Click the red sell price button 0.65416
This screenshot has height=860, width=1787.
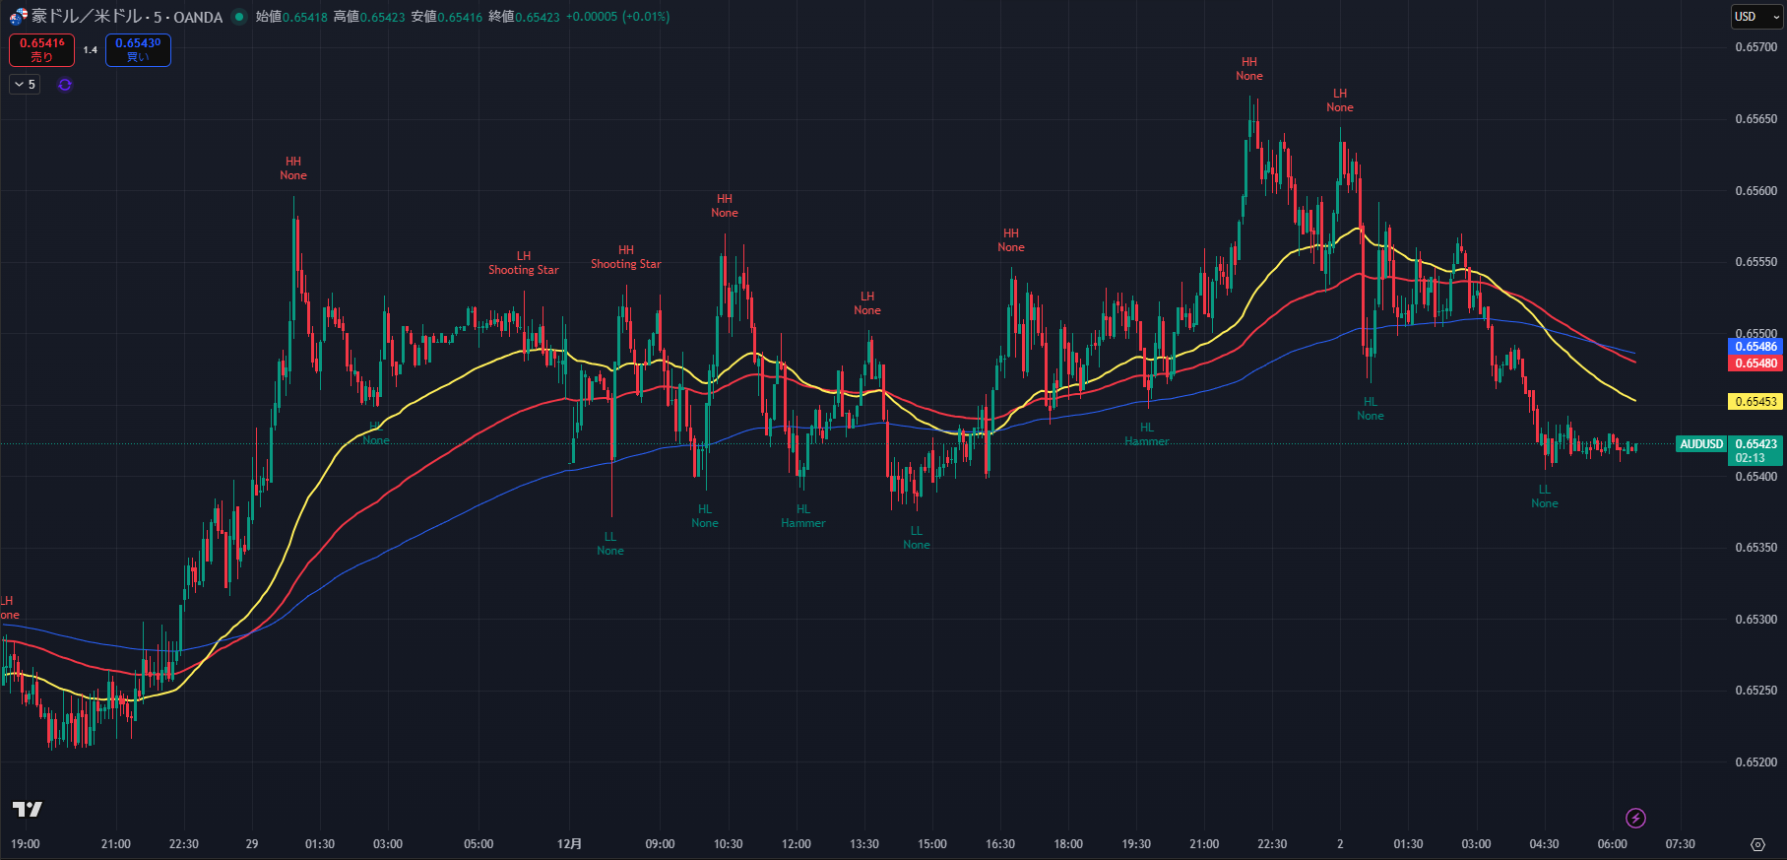pyautogui.click(x=41, y=49)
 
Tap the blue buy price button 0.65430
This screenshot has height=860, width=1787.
pyautogui.click(x=138, y=49)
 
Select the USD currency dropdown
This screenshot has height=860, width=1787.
pyautogui.click(x=1756, y=17)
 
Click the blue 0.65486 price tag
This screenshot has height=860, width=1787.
pyautogui.click(x=1755, y=347)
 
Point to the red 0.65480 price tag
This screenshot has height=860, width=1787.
pyautogui.click(x=1755, y=364)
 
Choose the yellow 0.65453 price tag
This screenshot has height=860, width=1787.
pyautogui.click(x=1755, y=402)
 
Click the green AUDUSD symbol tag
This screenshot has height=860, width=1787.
pyautogui.click(x=1701, y=444)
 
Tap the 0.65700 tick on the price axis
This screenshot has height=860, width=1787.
pyautogui.click(x=1755, y=47)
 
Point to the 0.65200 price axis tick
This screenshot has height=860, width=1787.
pyautogui.click(x=1755, y=762)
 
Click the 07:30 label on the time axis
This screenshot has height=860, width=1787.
pyautogui.click(x=1680, y=844)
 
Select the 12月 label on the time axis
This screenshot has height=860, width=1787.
pyautogui.click(x=569, y=844)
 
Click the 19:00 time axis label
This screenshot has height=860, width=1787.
pyautogui.click(x=25, y=844)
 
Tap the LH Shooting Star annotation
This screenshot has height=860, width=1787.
pyautogui.click(x=523, y=263)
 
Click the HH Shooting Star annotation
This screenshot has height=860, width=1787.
pyautogui.click(x=625, y=257)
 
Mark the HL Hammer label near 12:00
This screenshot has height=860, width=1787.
pyautogui.click(x=803, y=516)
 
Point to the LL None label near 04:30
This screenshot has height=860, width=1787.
pyautogui.click(x=1544, y=496)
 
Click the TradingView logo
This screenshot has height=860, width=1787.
pyautogui.click(x=27, y=809)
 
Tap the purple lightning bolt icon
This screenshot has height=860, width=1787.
pyautogui.click(x=1635, y=818)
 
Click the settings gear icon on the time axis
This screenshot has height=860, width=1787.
pyautogui.click(x=1757, y=844)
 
